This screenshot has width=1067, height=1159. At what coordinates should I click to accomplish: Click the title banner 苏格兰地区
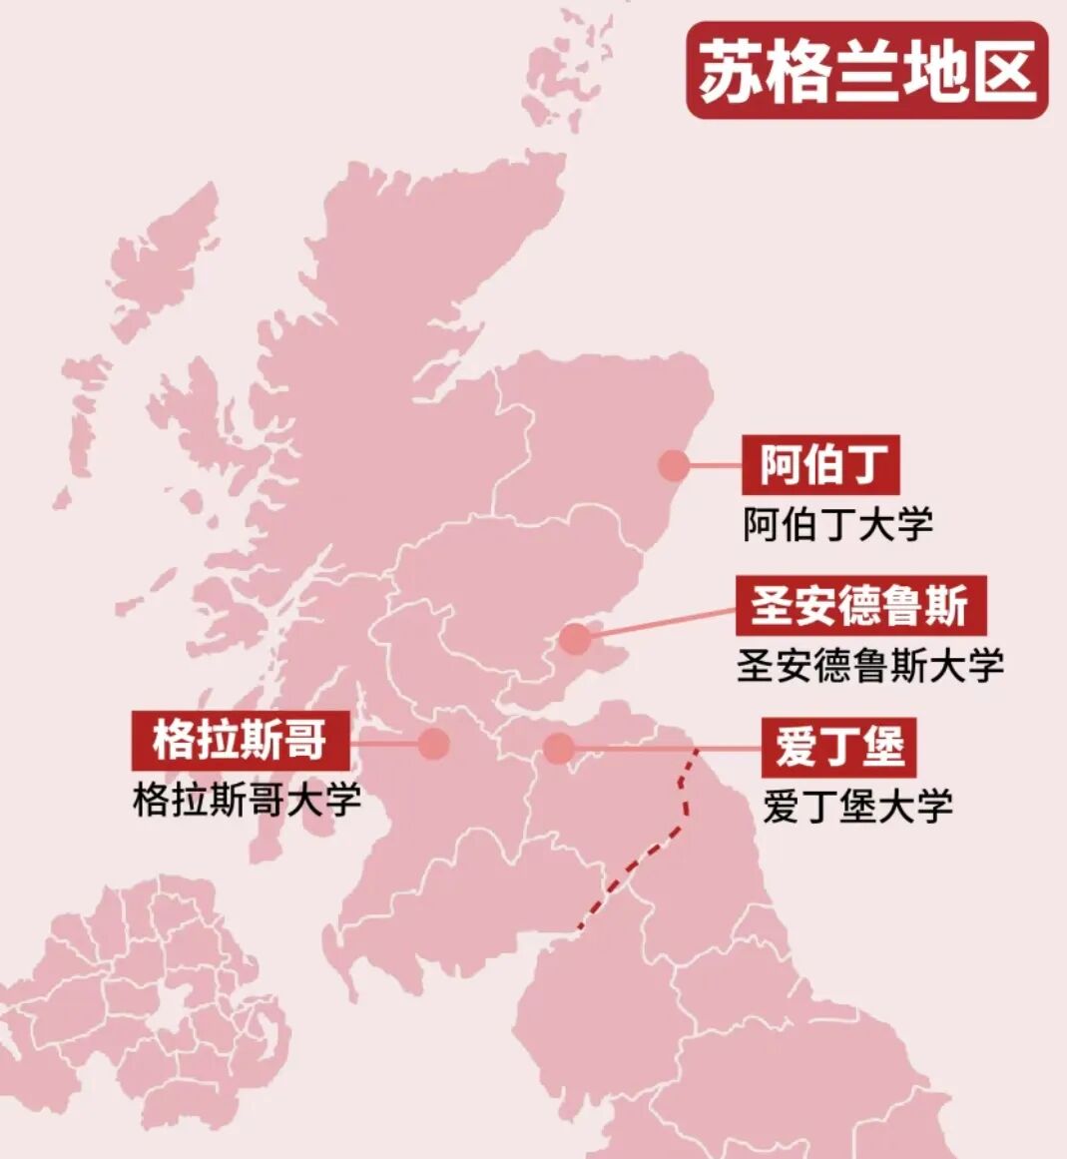[x=866, y=71]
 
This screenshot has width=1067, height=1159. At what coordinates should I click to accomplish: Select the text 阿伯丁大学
[x=836, y=524]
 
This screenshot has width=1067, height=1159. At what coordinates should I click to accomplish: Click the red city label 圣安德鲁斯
[x=860, y=605]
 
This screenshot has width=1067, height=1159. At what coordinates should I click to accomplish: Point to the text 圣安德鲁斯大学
[x=869, y=666]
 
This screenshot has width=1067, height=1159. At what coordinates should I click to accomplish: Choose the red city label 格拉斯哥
[x=240, y=742]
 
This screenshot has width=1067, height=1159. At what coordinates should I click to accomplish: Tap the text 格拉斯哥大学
[x=247, y=800]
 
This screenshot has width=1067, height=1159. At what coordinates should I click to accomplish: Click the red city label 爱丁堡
[x=838, y=747]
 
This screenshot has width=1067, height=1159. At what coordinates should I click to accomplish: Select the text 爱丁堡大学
[x=857, y=806]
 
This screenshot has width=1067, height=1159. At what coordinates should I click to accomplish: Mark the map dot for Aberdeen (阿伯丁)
[x=674, y=464]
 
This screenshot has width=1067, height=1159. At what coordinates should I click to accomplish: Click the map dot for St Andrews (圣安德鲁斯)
[x=575, y=639]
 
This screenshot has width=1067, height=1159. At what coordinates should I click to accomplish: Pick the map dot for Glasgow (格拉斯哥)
[x=434, y=743]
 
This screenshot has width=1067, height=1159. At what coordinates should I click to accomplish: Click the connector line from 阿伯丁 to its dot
[x=715, y=464]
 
